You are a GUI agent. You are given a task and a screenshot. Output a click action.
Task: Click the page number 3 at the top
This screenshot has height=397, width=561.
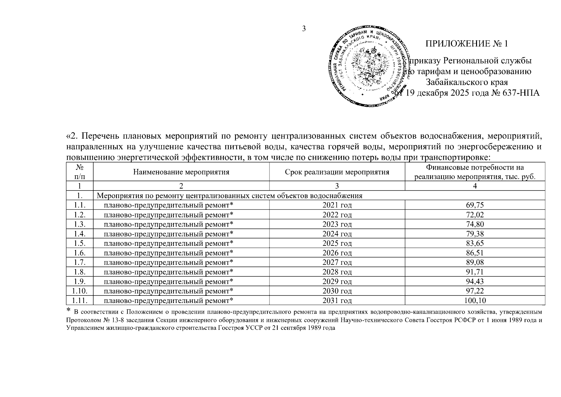pos(304,28)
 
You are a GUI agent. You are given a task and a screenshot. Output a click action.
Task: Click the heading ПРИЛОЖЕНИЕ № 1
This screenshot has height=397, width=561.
pos(466,44)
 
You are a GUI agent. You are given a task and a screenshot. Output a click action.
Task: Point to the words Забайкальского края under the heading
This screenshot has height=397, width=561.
pos(466,82)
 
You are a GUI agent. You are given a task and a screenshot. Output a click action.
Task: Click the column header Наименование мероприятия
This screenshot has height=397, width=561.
pos(181,172)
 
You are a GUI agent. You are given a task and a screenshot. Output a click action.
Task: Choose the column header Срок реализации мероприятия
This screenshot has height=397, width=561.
pos(337,172)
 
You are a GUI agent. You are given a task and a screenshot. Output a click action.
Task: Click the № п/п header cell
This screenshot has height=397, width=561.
pos(80,172)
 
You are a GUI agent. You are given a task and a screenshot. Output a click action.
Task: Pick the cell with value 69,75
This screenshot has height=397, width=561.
pos(475,205)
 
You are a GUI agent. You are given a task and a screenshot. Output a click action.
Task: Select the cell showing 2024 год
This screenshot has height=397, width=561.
pos(337,234)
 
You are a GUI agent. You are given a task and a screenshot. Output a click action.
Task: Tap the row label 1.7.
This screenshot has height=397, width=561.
pos(80,263)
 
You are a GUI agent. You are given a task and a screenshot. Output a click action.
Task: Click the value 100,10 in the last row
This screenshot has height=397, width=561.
pos(475,301)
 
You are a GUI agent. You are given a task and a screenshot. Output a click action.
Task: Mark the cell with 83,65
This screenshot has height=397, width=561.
pos(475,243)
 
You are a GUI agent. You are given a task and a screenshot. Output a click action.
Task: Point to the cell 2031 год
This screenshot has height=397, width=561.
pos(337,301)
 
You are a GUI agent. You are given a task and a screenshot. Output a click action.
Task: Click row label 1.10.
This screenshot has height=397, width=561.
pos(80,291)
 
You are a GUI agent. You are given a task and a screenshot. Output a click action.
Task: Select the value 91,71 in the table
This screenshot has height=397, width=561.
pos(475,272)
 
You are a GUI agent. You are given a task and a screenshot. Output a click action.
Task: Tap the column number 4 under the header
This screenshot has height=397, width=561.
pos(475,186)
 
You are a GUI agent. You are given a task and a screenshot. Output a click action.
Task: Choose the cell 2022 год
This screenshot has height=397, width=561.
pos(337,215)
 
